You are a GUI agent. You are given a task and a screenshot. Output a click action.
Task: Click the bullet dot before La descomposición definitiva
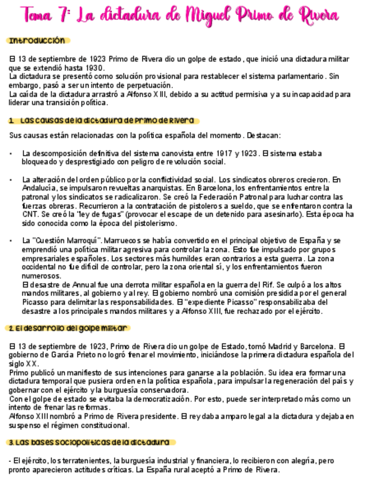[x=11, y=154]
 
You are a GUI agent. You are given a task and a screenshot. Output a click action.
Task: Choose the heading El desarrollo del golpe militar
[x=68, y=329]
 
